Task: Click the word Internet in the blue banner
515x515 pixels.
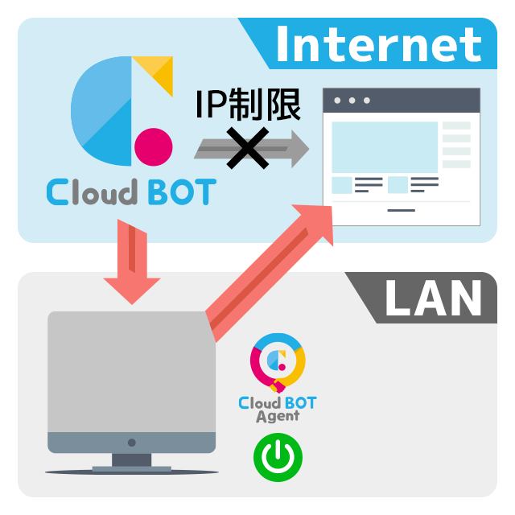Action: tap(379, 44)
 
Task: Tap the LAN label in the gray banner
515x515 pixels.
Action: tap(434, 298)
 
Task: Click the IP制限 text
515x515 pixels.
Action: tap(248, 104)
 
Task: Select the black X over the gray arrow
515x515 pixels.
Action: tap(248, 148)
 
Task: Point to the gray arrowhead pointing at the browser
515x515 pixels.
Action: tap(300, 149)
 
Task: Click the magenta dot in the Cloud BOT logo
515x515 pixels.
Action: tap(154, 146)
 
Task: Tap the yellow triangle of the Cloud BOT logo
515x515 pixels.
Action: tap(157, 72)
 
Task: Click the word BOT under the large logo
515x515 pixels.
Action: tap(183, 192)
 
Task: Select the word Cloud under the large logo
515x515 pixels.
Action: tap(92, 192)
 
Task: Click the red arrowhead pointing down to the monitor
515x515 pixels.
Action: tap(132, 290)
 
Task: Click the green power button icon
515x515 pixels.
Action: tap(278, 457)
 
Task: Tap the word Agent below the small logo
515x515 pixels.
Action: tap(278, 417)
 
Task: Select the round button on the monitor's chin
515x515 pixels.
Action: tap(132, 443)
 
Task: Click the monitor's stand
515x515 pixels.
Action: tap(132, 463)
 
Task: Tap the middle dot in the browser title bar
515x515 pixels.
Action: tap(352, 101)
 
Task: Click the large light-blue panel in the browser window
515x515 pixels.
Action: tap(385, 147)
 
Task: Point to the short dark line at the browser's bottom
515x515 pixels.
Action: tap(401, 210)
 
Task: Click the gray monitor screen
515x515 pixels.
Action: tap(132, 372)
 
